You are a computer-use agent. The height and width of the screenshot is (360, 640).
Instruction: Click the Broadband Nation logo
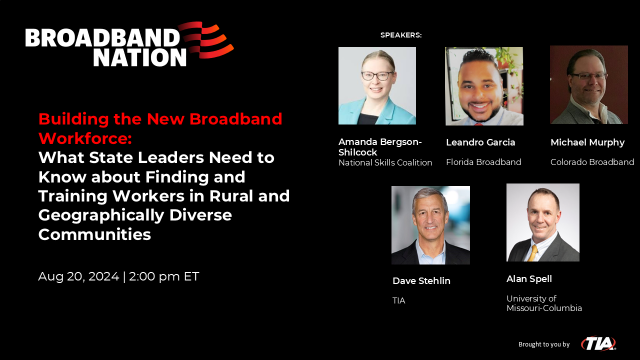point(129,44)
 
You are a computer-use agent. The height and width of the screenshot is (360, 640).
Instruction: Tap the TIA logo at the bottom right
point(599,343)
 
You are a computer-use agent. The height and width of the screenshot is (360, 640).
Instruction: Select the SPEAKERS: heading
point(401,35)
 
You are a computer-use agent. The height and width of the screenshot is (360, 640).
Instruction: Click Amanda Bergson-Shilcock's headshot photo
point(377,86)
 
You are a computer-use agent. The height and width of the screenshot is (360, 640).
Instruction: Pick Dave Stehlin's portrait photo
point(430,224)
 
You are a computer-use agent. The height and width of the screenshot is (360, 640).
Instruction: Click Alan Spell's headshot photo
point(543,222)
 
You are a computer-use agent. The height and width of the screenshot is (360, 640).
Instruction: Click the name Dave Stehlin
point(421,281)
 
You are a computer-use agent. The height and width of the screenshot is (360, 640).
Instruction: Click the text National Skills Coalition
point(385,162)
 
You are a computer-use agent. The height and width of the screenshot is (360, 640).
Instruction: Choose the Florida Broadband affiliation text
point(484,161)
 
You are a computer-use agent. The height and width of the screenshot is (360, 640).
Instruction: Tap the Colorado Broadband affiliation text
point(592,161)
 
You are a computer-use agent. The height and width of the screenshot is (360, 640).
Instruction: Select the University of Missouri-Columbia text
point(544,303)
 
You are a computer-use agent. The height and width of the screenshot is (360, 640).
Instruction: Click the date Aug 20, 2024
point(76,276)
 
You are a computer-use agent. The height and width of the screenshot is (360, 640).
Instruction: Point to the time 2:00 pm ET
point(164,276)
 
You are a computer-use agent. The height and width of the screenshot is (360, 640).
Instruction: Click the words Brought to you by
point(543,344)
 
